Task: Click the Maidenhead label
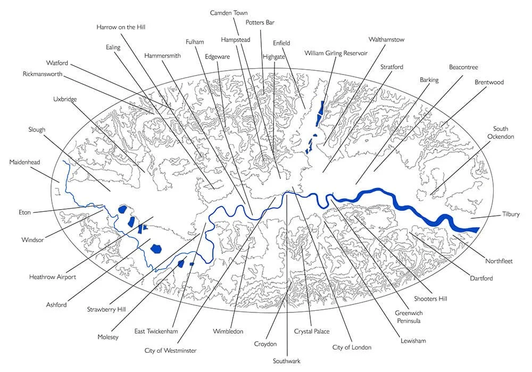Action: (25, 162)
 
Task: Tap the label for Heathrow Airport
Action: (53, 277)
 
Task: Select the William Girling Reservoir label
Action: (336, 53)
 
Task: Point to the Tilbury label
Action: (511, 214)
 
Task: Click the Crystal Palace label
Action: (312, 332)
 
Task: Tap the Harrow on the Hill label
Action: (121, 27)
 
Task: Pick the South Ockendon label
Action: (500, 133)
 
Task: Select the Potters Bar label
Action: (260, 22)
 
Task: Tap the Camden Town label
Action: (229, 12)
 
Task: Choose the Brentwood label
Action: (489, 82)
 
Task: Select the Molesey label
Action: (108, 337)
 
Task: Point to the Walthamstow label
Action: (387, 39)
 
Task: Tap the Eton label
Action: (24, 212)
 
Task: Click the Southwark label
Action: (287, 361)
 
